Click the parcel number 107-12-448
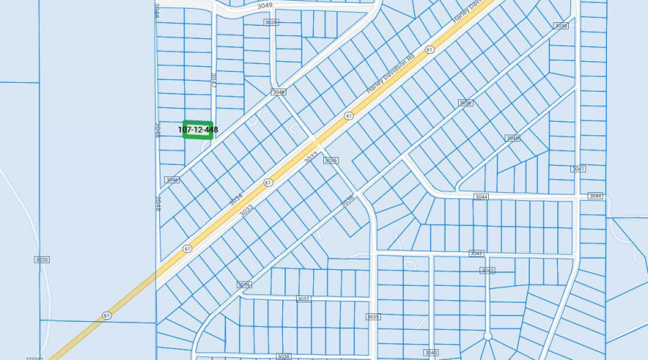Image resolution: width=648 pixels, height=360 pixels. tap(198, 130)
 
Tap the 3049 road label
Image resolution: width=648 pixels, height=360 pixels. tap(264, 5)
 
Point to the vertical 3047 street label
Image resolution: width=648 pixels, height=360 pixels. tap(214, 79)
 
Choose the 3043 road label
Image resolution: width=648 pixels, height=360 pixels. tap(476, 253)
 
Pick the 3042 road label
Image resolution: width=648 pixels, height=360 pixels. tap(487, 271)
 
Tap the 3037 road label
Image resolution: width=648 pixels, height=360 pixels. tap(303, 299)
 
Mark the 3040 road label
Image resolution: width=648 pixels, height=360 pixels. tap(431, 352)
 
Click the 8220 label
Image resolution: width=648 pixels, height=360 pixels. tap(42, 259)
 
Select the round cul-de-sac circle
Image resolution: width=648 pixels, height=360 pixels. tap(487, 336)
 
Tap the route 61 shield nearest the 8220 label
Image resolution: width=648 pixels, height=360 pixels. tap(107, 315)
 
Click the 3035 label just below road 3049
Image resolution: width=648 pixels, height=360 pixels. tap(271, 22)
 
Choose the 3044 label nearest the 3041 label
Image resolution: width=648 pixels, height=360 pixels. tap(595, 196)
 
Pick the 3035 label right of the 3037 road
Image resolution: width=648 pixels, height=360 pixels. tap(372, 317)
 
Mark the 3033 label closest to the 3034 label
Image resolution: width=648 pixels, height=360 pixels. tap(246, 210)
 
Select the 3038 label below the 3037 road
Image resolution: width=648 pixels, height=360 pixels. tap(283, 356)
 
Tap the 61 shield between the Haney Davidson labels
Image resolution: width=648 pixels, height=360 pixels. tap(430, 50)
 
